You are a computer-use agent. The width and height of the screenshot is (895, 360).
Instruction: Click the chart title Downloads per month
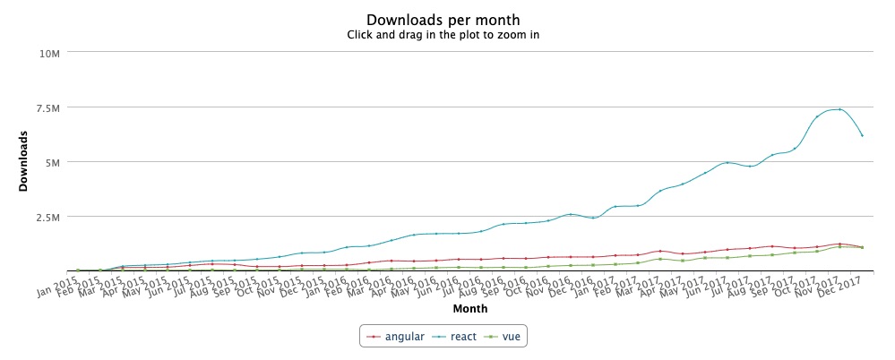[x=443, y=20]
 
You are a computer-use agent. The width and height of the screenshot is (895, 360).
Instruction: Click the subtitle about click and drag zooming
[x=443, y=36]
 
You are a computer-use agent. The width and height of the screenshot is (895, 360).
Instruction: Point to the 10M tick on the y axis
[x=48, y=53]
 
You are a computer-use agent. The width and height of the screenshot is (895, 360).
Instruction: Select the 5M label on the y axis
[x=50, y=162]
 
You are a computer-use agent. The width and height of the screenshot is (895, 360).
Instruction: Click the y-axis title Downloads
[x=24, y=161]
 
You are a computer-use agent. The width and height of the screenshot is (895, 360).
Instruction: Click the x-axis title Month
[x=469, y=309]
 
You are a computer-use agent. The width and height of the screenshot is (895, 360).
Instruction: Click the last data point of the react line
[x=862, y=135]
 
